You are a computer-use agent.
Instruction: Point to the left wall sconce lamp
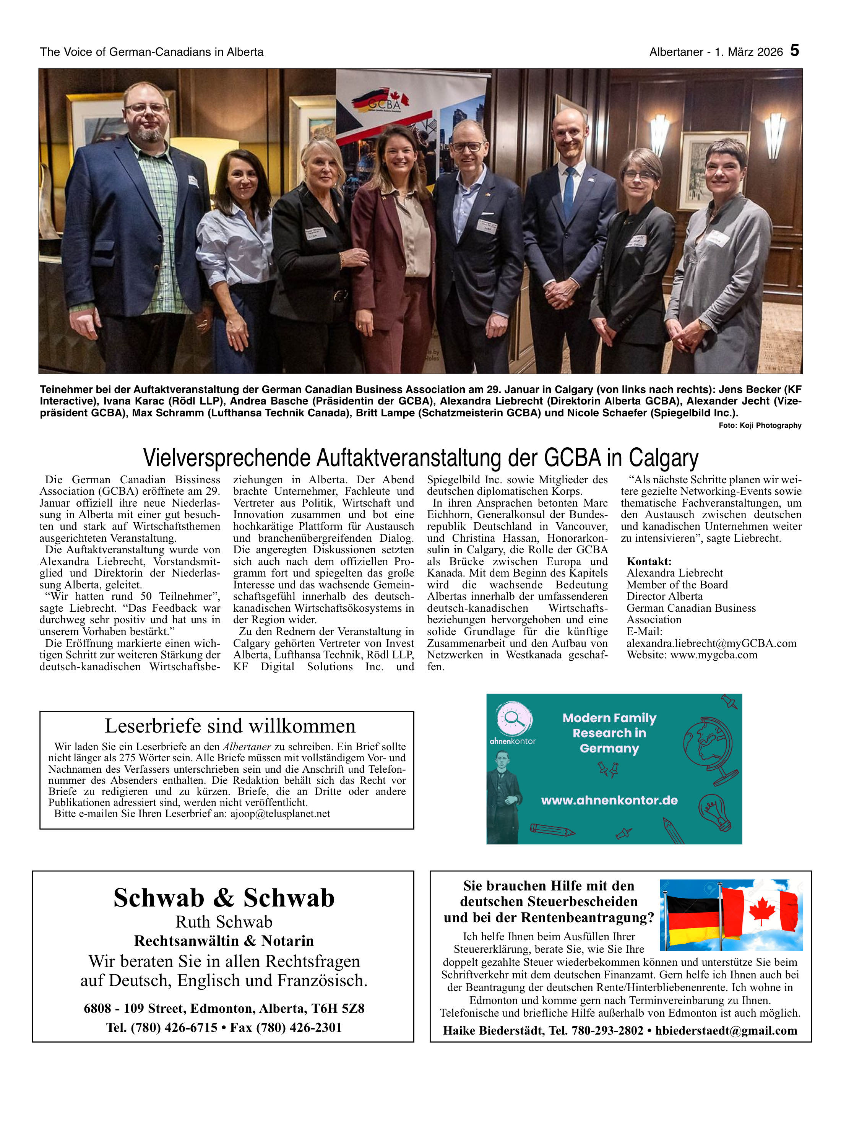click(x=659, y=133)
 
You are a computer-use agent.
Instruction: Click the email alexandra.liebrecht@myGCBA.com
click(x=711, y=643)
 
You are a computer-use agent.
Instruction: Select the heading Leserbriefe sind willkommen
click(x=230, y=725)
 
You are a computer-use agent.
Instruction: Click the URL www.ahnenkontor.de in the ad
click(x=609, y=800)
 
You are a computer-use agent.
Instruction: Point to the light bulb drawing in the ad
click(x=714, y=811)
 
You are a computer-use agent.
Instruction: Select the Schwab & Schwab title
click(x=224, y=898)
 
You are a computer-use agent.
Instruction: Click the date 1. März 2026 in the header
click(x=748, y=52)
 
